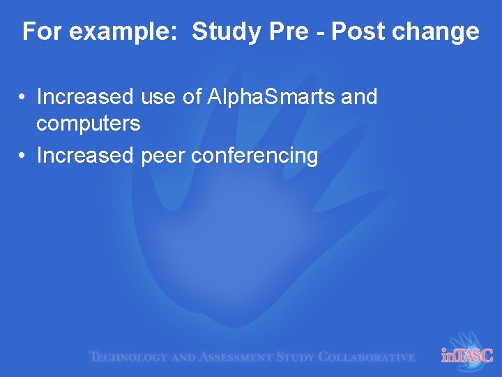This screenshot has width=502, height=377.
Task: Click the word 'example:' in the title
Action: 123,32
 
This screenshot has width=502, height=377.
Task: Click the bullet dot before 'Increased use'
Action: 23,97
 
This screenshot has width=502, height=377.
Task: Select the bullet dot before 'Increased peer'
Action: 23,156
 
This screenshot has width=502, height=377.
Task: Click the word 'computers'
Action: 88,124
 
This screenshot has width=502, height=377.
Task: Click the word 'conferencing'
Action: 254,156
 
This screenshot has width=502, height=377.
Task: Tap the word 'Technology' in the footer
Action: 128,357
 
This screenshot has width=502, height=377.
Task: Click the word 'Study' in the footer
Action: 296,357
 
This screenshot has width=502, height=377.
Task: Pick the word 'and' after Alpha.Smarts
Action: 359,97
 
